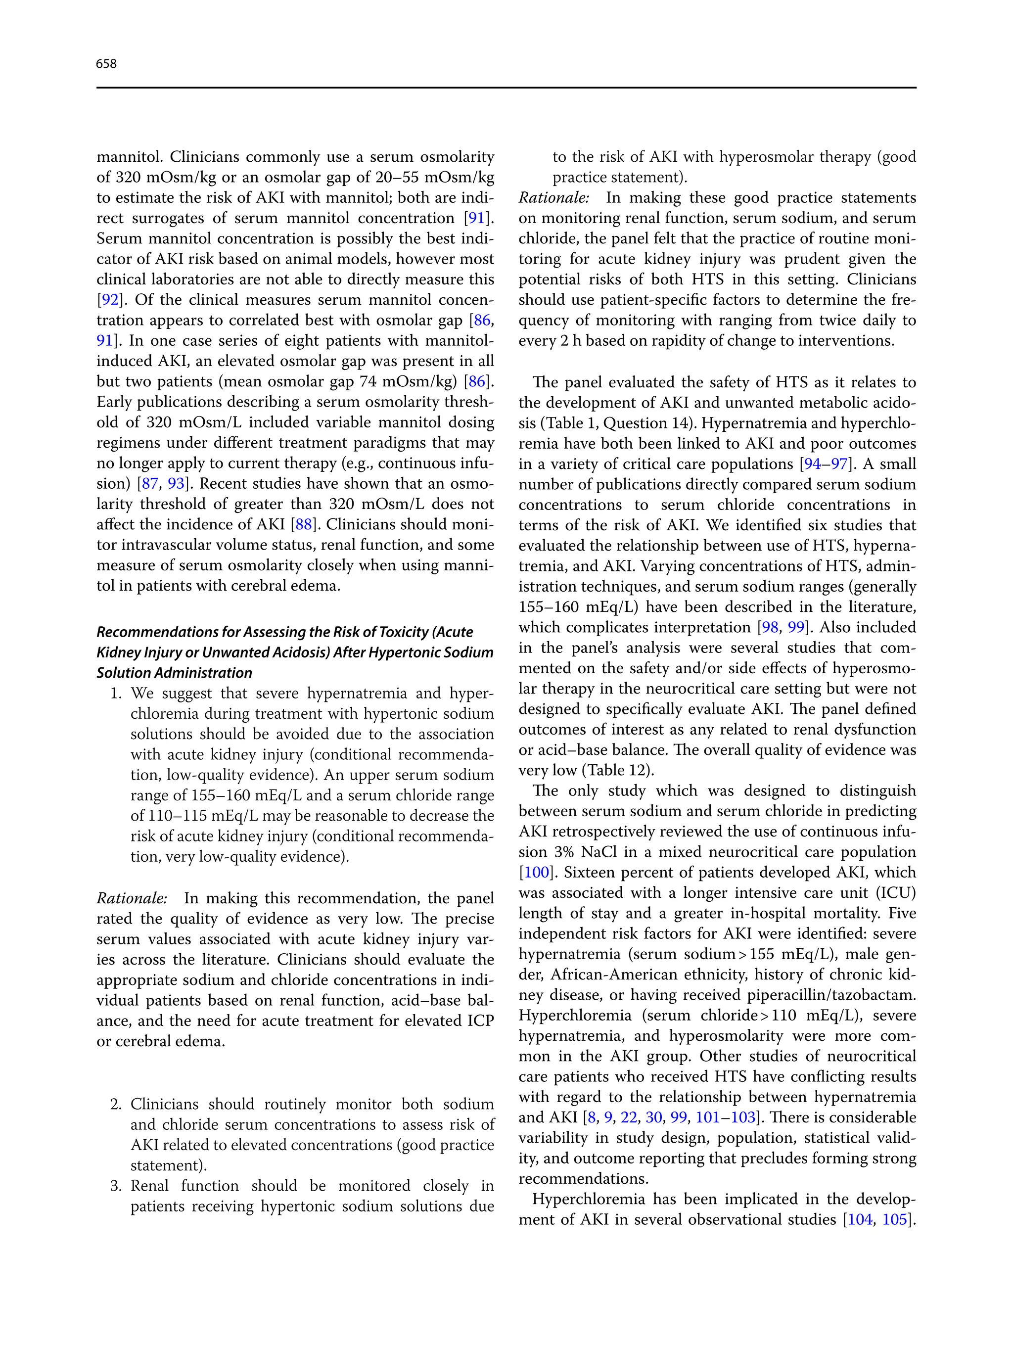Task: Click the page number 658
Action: [106, 63]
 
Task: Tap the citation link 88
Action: [304, 524]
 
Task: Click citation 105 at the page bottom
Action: [894, 1219]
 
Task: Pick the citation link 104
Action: [860, 1219]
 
